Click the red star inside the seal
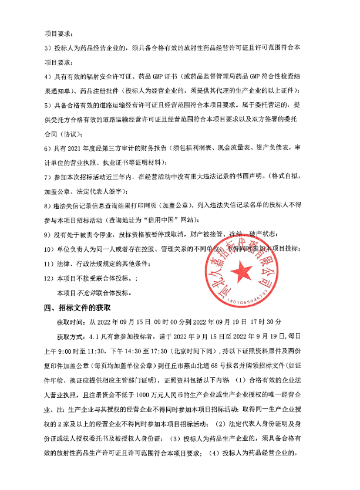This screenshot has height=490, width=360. (x=241, y=269)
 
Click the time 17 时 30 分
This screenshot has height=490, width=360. (x=267, y=322)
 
